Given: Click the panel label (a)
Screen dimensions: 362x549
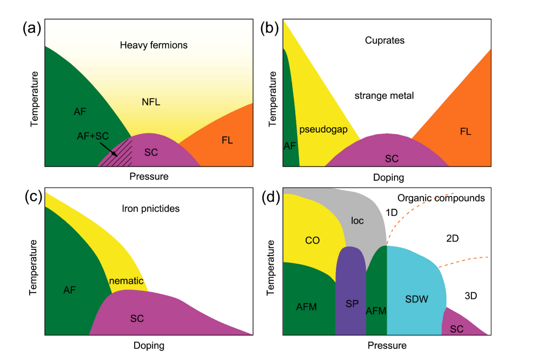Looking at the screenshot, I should pos(32,29).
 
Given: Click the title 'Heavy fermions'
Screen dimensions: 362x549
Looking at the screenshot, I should pos(154,45).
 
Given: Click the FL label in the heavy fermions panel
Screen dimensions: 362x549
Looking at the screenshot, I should pos(227,141).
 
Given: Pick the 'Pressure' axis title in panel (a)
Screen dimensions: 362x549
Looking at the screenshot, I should pos(149,176).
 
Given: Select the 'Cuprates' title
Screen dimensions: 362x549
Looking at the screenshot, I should pos(384,40).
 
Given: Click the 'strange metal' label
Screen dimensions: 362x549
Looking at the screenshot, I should pos(384,96).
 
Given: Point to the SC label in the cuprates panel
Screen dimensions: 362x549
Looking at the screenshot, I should pos(391,158).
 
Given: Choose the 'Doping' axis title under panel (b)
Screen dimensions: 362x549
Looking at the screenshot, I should pos(389,177).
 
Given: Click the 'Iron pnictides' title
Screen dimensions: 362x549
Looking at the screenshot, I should pos(151,209).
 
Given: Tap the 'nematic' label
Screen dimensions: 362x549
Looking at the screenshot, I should pos(126,281).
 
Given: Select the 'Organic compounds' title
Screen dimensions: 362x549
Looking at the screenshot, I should pos(441,198).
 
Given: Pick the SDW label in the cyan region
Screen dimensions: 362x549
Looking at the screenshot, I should pos(417,299).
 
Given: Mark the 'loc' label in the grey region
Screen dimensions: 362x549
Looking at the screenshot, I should pos(357,221).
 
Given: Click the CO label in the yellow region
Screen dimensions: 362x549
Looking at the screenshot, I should pos(312,241).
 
